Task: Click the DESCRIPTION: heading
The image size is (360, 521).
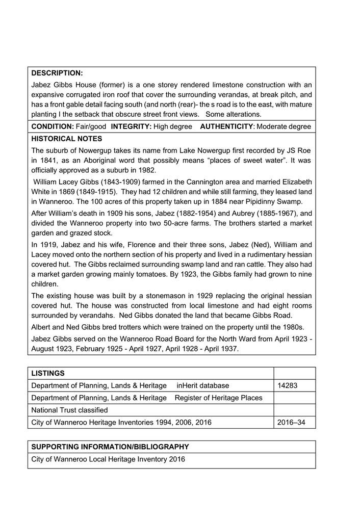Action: tap(57, 73)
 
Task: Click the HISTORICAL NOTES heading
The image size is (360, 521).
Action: tap(66, 139)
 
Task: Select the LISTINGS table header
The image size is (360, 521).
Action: tap(48, 373)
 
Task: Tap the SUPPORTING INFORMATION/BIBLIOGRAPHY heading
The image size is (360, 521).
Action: tap(110, 447)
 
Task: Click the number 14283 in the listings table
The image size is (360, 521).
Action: tap(288, 385)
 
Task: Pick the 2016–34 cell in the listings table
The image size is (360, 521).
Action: tap(292, 422)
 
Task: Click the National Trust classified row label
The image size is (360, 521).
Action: tap(69, 410)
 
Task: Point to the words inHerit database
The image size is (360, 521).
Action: tap(203, 385)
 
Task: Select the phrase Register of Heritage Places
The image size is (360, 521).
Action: tap(218, 398)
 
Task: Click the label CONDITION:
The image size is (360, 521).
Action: tap(53, 126)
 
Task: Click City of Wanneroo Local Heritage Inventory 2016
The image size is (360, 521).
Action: tap(108, 459)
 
